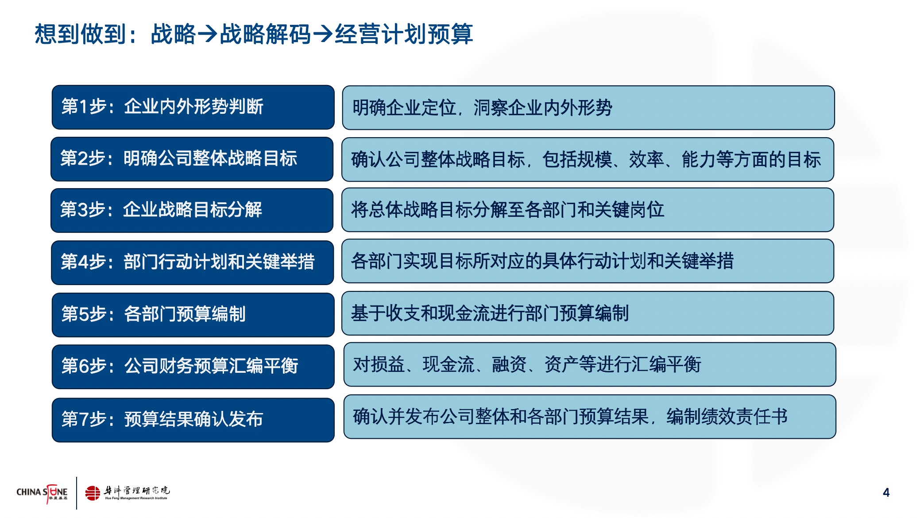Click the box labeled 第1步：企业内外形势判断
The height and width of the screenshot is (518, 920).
(x=193, y=107)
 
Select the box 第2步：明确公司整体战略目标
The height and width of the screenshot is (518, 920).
(x=192, y=159)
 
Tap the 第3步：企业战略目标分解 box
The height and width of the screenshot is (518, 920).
(x=192, y=210)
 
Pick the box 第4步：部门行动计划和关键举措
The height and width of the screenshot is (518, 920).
(x=193, y=263)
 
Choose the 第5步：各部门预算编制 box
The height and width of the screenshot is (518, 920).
(x=193, y=315)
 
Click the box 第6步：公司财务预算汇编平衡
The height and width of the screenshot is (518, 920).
(x=193, y=367)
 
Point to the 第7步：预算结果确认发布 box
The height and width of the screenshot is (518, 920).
(x=193, y=420)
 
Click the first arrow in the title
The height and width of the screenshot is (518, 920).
(x=207, y=34)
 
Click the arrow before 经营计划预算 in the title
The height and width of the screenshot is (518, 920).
(x=323, y=34)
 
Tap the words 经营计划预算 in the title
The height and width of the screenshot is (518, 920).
(x=404, y=34)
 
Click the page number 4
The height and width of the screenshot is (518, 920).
(x=886, y=492)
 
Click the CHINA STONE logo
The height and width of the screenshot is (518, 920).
(x=42, y=493)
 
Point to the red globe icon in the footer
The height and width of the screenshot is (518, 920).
(x=93, y=493)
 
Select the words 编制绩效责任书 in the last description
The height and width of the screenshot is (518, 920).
(x=727, y=416)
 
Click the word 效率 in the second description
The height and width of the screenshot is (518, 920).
(x=646, y=159)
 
